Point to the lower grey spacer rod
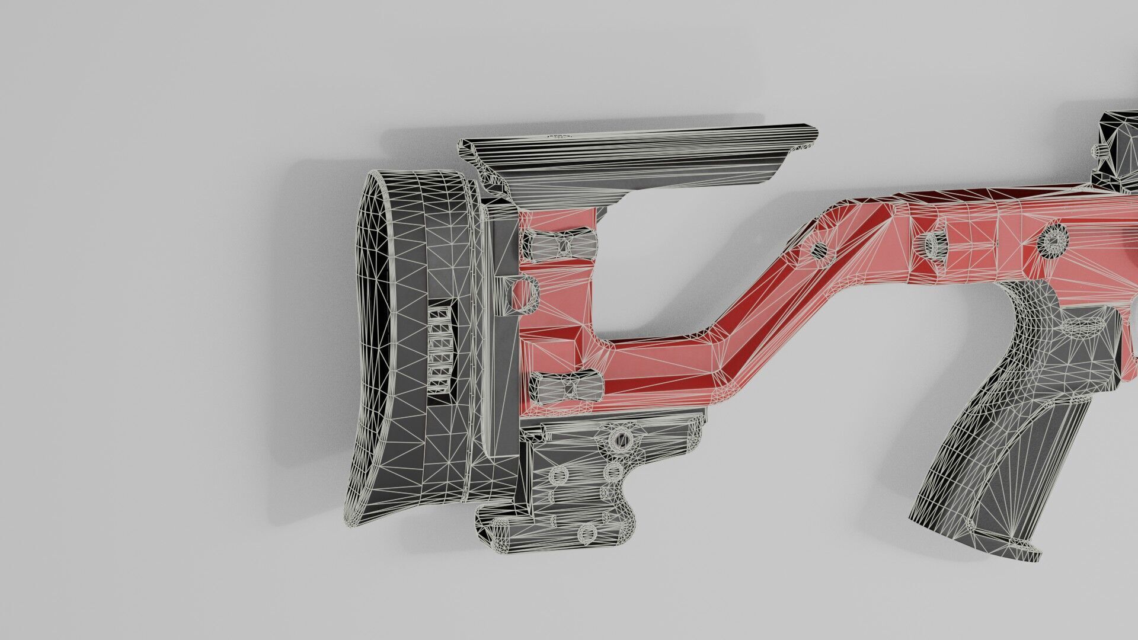[x=566, y=388]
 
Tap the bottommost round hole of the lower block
[x=587, y=533]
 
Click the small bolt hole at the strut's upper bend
[x=820, y=249]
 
